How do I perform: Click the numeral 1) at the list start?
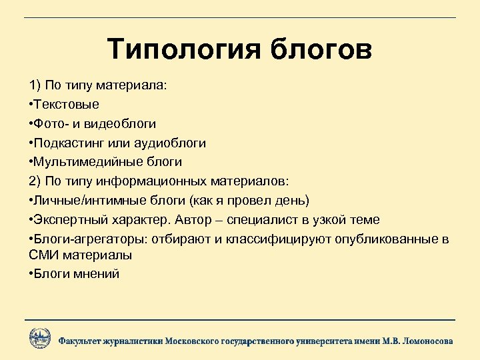coord(35,86)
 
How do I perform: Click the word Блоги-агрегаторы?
coord(79,239)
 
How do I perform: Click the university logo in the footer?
coord(40,338)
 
